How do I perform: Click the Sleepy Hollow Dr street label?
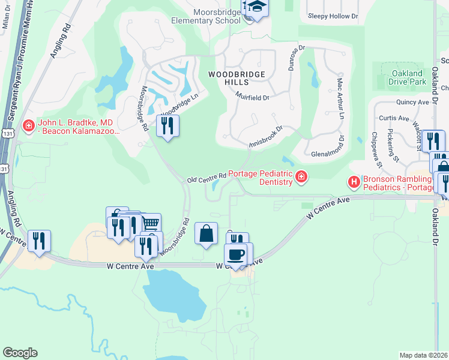click(x=332, y=17)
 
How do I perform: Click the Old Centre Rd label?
click(x=206, y=178)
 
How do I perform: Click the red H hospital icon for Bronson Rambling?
click(x=354, y=181)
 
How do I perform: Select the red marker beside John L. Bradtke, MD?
click(x=28, y=126)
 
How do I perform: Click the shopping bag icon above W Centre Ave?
click(x=206, y=233)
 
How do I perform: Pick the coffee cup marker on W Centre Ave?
click(x=235, y=253)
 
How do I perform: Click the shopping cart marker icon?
click(x=151, y=223)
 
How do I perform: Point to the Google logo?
click(x=20, y=353)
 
